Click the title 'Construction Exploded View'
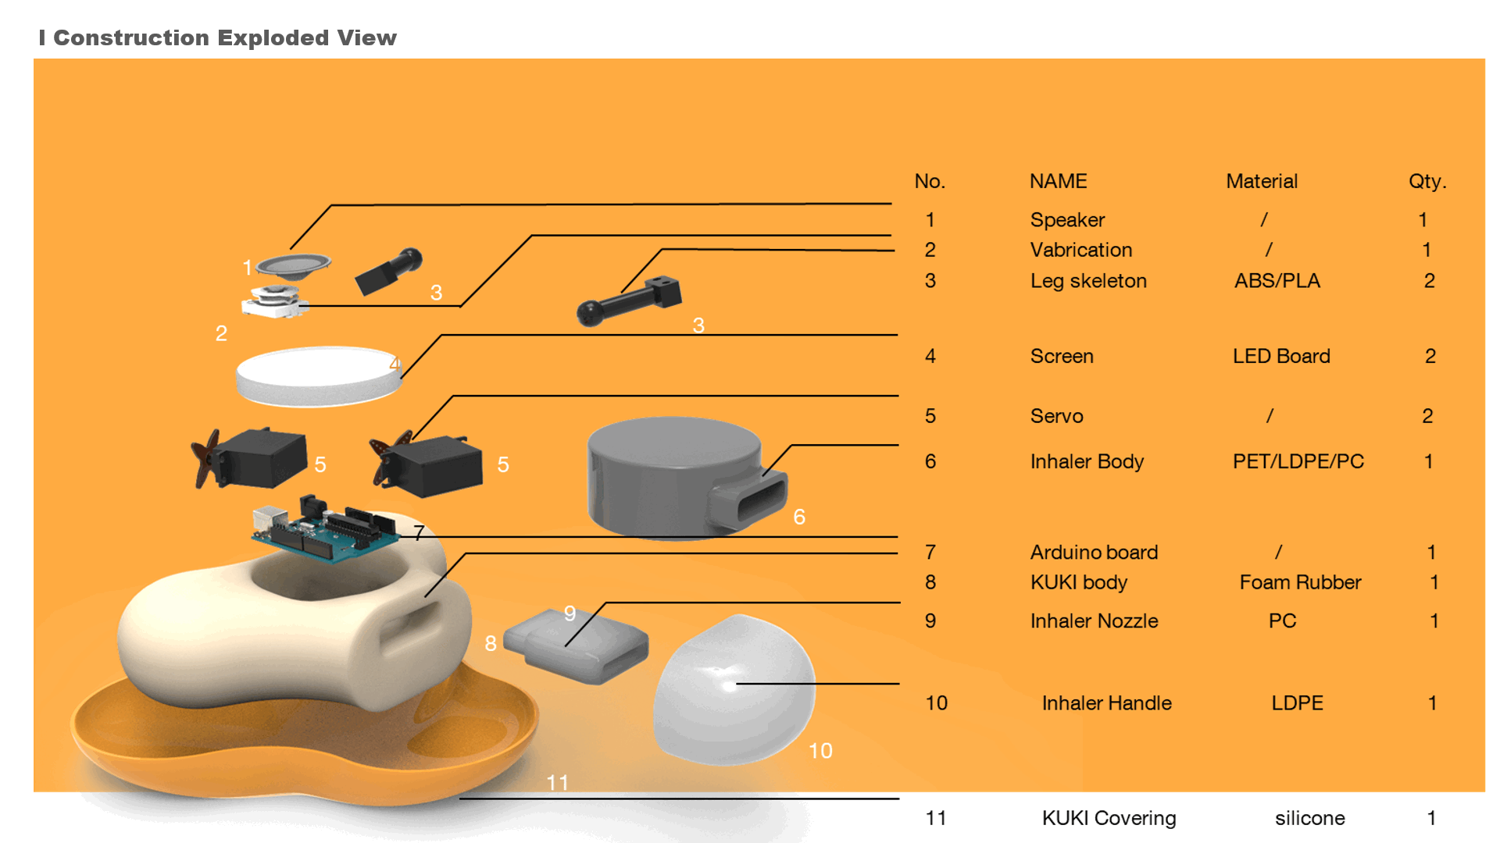coord(224,37)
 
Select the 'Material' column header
coord(1261,181)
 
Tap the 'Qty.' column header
coord(1427,181)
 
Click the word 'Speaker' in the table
coord(1067,220)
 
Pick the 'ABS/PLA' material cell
coord(1277,281)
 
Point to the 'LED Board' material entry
coord(1281,357)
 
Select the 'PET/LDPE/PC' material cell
coord(1298,461)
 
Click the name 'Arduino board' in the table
coord(1094,553)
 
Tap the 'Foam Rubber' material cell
coord(1300,582)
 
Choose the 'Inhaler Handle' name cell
coord(1106,703)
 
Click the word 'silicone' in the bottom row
coord(1309,818)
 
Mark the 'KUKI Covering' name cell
coord(1109,818)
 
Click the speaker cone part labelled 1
coord(294,265)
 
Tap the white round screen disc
coord(316,375)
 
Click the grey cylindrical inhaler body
coord(672,476)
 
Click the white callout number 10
coord(820,751)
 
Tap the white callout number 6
coord(799,517)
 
